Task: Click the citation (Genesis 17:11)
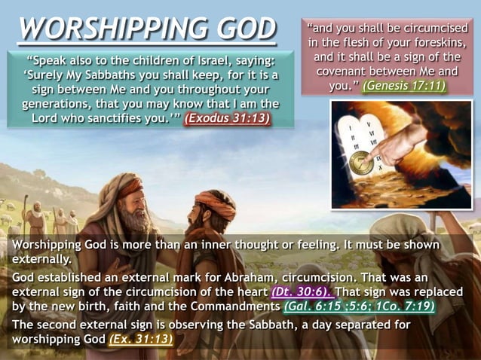coord(403,85)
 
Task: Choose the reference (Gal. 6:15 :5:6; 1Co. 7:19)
coord(358,307)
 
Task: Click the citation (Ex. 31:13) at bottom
coord(140,339)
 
